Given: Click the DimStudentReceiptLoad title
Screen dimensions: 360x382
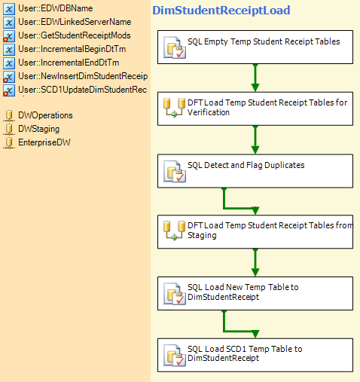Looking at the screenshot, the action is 221,11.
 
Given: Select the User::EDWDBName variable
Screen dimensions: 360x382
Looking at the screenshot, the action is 56,8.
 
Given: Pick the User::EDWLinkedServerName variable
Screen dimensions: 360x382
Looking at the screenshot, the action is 75,22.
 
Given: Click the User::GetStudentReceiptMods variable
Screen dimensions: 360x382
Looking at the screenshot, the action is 75,35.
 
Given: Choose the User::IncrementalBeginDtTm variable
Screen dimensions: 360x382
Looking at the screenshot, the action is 72,49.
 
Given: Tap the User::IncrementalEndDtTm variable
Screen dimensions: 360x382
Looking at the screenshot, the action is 69,63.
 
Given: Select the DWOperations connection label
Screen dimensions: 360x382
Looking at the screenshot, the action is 45,115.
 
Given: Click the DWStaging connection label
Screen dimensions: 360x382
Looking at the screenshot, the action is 39,129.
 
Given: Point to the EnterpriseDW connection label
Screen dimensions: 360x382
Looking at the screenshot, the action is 44,142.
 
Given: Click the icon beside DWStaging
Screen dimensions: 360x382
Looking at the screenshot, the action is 9,130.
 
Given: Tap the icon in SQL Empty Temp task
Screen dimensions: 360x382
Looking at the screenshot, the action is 175,47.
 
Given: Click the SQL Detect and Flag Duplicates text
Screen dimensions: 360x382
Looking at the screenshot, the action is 246,165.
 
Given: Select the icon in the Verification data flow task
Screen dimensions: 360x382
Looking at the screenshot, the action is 174,108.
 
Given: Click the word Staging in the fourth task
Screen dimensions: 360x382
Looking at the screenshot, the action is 202,236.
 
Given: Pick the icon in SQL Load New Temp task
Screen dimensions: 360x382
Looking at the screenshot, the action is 175,294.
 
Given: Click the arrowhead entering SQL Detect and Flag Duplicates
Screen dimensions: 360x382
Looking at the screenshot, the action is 255,150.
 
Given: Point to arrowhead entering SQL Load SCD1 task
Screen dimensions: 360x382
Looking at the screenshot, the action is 255,334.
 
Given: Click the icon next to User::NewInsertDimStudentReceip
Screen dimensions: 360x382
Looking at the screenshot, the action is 9,77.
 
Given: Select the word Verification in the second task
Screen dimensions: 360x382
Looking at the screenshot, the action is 209,112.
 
